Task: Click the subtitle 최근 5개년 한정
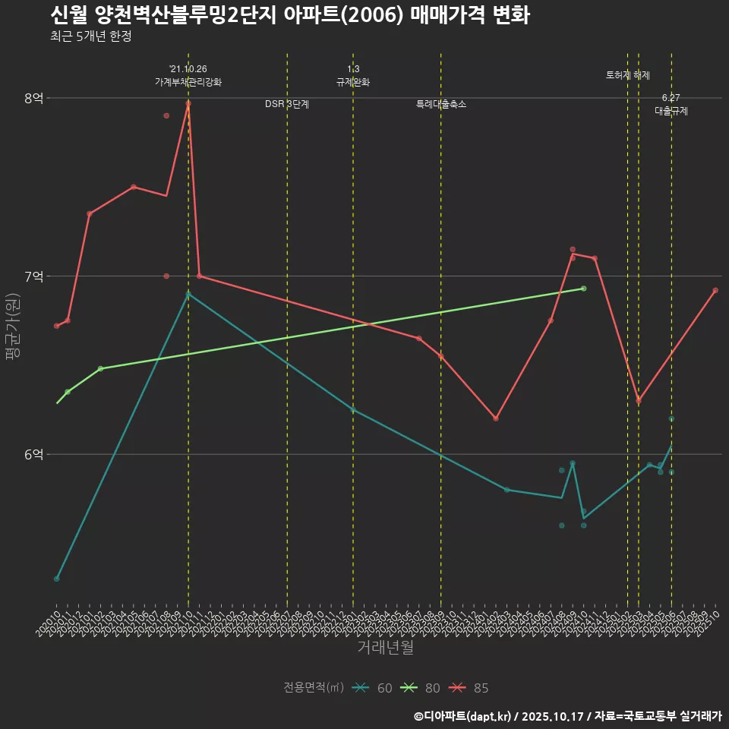(x=90, y=36)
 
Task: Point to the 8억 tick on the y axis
(x=33, y=98)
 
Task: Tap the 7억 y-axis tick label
(x=33, y=276)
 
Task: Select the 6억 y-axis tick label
(x=33, y=454)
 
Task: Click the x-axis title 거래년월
(x=385, y=648)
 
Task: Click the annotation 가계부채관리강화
(x=188, y=82)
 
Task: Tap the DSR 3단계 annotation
(x=287, y=104)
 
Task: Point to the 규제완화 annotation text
(x=353, y=82)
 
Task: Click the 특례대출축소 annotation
(x=441, y=104)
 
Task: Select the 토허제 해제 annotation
(x=628, y=75)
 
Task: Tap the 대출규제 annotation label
(x=671, y=111)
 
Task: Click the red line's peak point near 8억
(x=188, y=103)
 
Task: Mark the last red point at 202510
(x=715, y=290)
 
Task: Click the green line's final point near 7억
(x=583, y=289)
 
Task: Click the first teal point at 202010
(x=57, y=579)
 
